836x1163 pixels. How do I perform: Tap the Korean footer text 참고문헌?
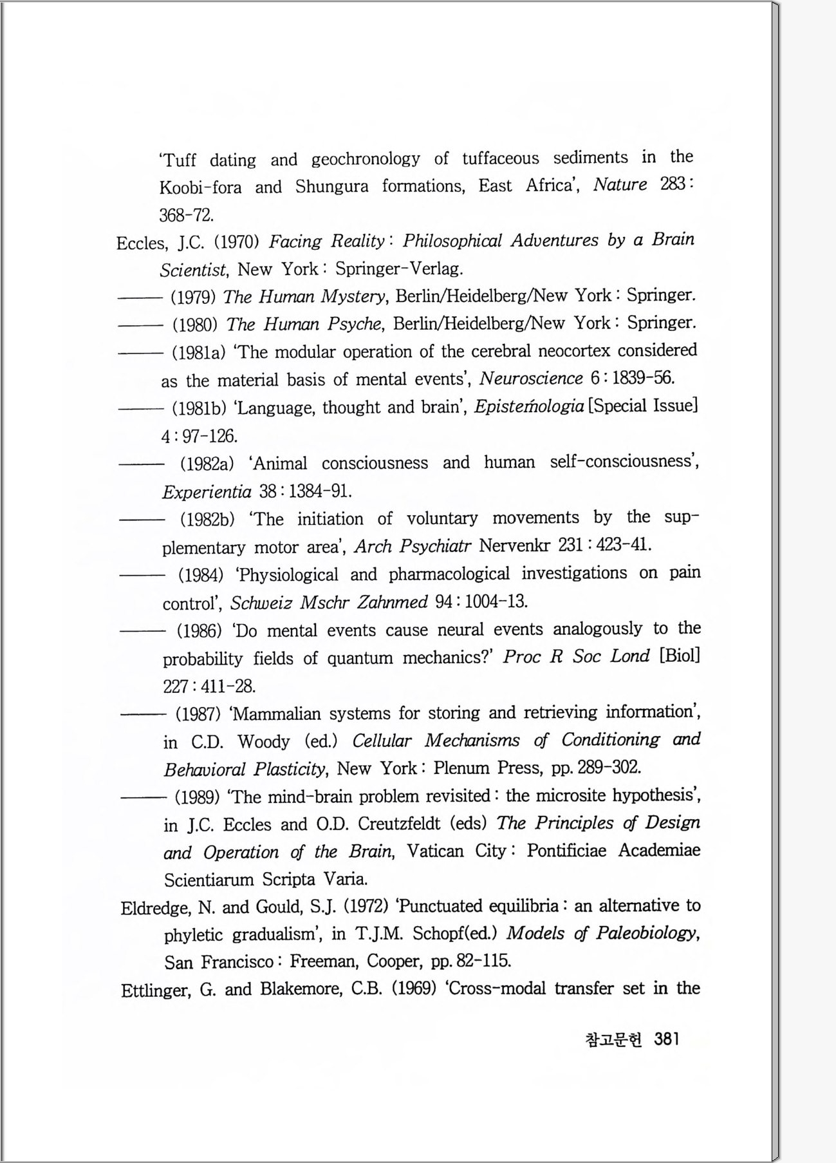pos(614,1039)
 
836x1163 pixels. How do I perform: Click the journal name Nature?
pos(620,185)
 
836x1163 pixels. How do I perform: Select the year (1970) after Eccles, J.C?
pos(236,242)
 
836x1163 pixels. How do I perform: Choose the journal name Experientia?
pos(207,492)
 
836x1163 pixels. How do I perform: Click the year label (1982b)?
pos(207,519)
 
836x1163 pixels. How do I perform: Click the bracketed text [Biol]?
pos(679,656)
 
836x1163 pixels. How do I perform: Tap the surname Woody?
pos(264,742)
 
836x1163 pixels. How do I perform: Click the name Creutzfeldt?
pos(399,824)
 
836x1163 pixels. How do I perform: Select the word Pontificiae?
pos(566,851)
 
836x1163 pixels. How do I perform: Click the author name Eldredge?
pos(155,909)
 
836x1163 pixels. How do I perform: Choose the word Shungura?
pos(331,186)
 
